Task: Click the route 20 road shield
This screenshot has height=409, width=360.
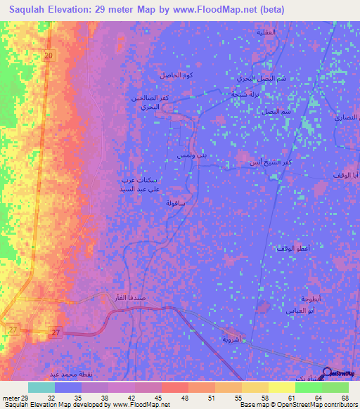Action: (x=48, y=56)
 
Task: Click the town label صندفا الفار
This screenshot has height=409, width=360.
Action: (x=129, y=297)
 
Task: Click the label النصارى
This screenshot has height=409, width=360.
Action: (x=345, y=119)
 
